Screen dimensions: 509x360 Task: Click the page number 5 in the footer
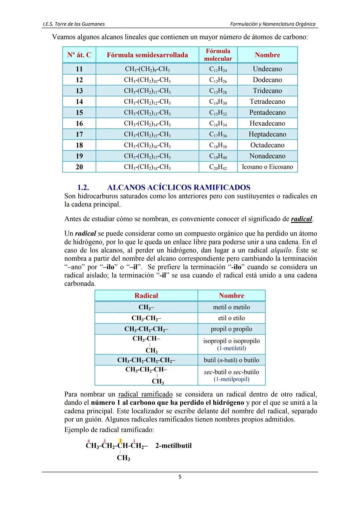[180, 477]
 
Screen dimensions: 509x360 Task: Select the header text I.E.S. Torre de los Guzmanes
[74, 24]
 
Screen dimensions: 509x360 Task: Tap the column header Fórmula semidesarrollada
[147, 55]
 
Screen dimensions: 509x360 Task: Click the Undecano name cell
[267, 69]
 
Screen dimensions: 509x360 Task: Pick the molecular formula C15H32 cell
[218, 113]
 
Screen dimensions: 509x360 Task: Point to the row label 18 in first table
[79, 145]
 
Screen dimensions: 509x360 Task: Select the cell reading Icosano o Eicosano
[267, 167]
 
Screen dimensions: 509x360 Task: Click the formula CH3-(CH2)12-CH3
[147, 102]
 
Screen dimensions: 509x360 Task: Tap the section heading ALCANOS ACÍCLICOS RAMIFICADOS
[178, 187]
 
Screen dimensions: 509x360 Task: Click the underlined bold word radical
[301, 219]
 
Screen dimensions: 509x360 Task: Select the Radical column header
[146, 295]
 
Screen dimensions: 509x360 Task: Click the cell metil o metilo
[231, 307]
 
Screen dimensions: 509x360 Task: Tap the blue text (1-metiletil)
[231, 348]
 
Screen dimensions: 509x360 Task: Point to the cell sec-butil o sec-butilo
[231, 372]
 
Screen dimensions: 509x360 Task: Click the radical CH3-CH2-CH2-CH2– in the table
[146, 360]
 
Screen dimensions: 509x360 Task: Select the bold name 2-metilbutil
[173, 446]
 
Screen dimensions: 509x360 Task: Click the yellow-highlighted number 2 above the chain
[120, 441]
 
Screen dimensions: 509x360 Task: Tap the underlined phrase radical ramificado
[145, 394]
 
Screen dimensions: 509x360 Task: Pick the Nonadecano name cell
[267, 156]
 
